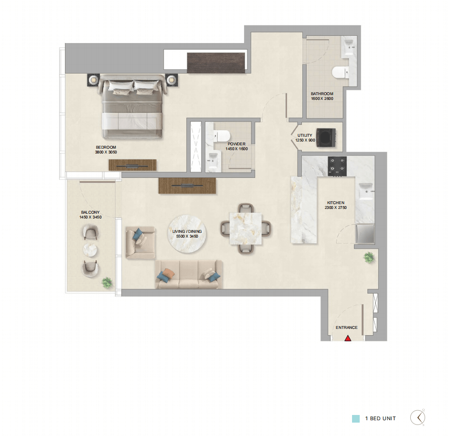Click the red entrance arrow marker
pos(348,338)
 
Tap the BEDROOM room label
pos(106,147)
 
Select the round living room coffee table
pos(187,234)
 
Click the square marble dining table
pos(246,229)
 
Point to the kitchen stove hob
pos(337,166)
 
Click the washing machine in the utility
pos(326,138)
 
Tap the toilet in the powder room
pos(222,136)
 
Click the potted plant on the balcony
pos(107,283)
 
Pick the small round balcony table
pos(90,250)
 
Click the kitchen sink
pos(365,191)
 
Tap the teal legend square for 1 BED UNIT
pos(356,418)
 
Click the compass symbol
pos(418,417)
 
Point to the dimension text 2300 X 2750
pos(336,207)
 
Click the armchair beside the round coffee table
pos(140,243)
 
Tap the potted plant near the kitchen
pos(369,257)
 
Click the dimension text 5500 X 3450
pos(187,236)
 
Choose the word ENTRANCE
pos(346,327)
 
